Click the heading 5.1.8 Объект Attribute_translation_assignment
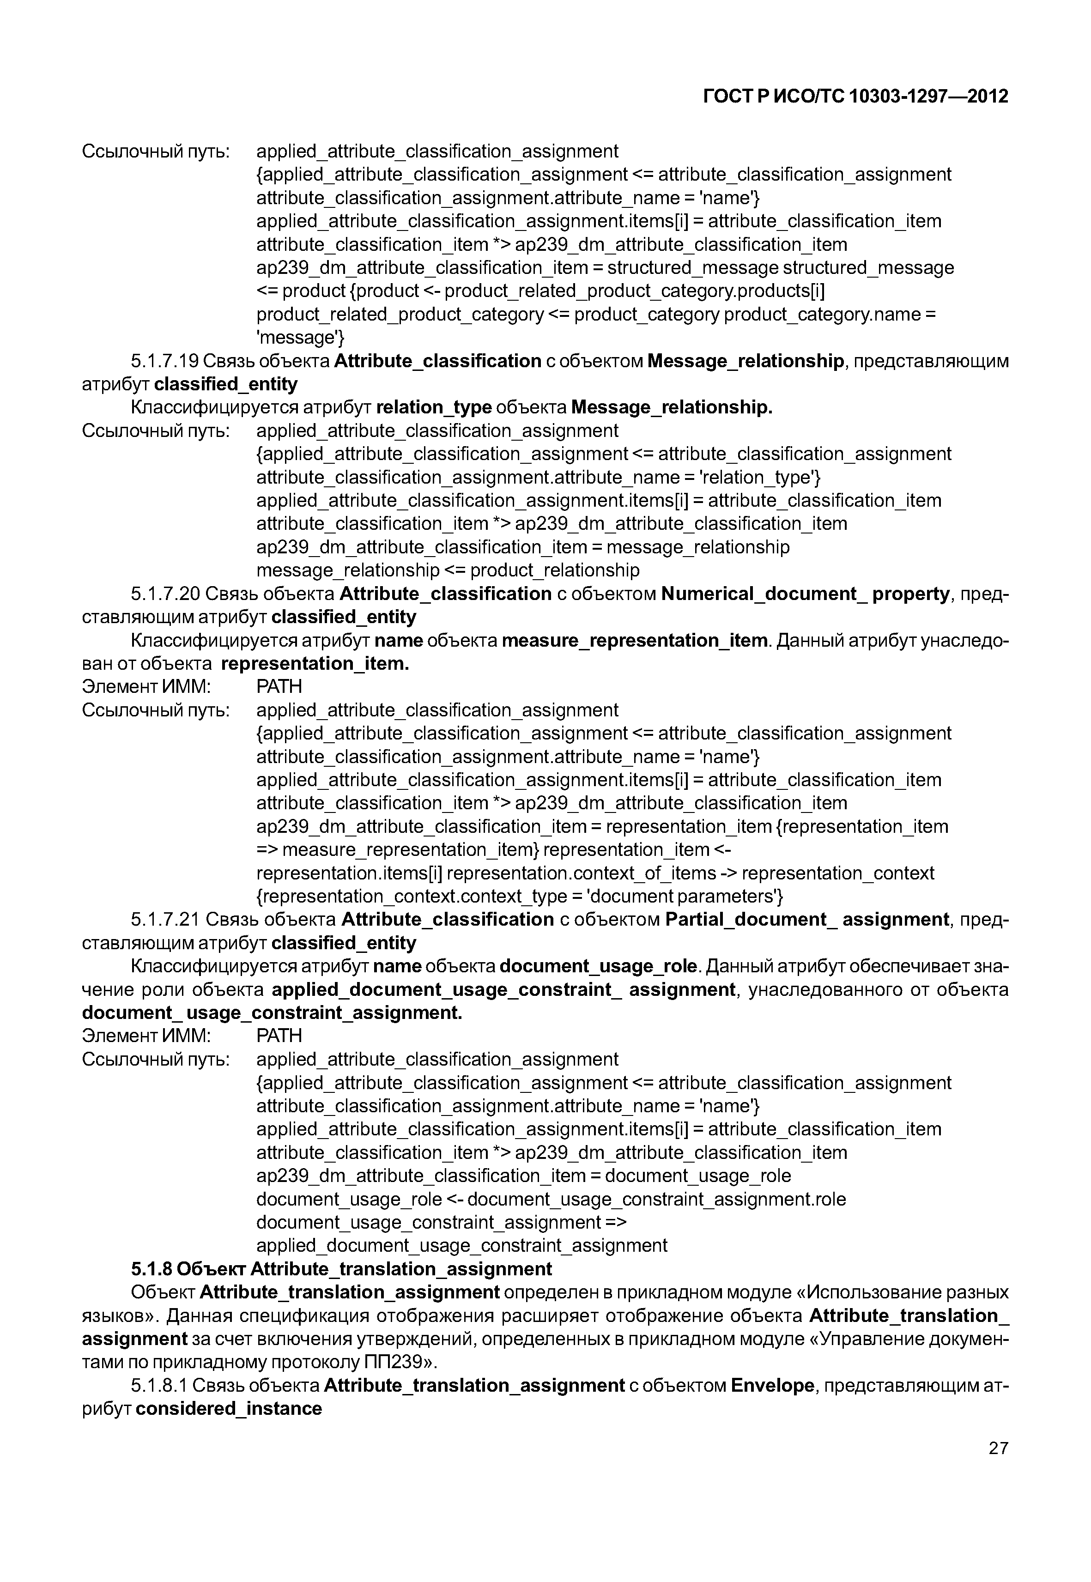point(341,1269)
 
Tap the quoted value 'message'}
point(300,338)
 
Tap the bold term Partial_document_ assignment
point(806,920)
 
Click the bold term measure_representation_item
point(634,641)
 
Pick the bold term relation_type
point(433,407)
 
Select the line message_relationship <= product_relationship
point(448,570)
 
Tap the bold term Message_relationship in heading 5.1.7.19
point(745,361)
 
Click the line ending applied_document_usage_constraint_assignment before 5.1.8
point(461,1246)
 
